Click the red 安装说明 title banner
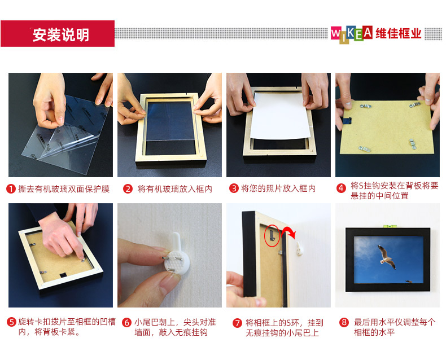pos(58,33)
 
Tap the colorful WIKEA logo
pos(352,34)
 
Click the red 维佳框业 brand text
pos(398,33)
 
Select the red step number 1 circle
pos(11,189)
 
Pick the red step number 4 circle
pos(341,188)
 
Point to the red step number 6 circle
pos(126,322)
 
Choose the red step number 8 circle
pos(344,322)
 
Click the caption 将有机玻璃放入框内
pos(175,189)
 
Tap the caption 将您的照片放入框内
pos(278,188)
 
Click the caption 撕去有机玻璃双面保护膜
pos(64,189)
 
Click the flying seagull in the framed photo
pos(387,257)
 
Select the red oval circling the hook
pos(271,235)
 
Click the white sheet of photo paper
pos(280,116)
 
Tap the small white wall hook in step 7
pos(299,248)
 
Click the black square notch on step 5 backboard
pos(63,275)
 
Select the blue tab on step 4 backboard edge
pos(347,121)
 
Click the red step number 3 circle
pos(234,188)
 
